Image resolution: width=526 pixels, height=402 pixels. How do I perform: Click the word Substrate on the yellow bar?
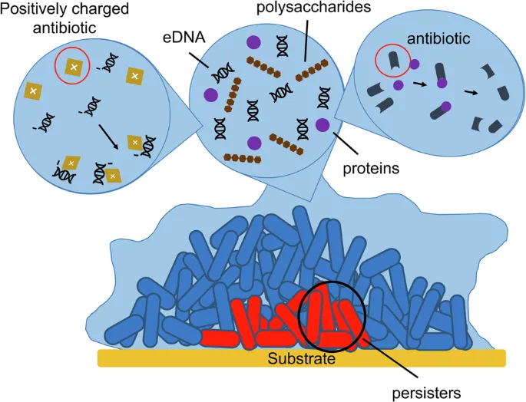(302, 358)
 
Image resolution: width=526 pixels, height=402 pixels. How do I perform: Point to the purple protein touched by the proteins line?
(323, 124)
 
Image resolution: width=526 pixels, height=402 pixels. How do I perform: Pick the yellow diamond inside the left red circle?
(74, 68)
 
